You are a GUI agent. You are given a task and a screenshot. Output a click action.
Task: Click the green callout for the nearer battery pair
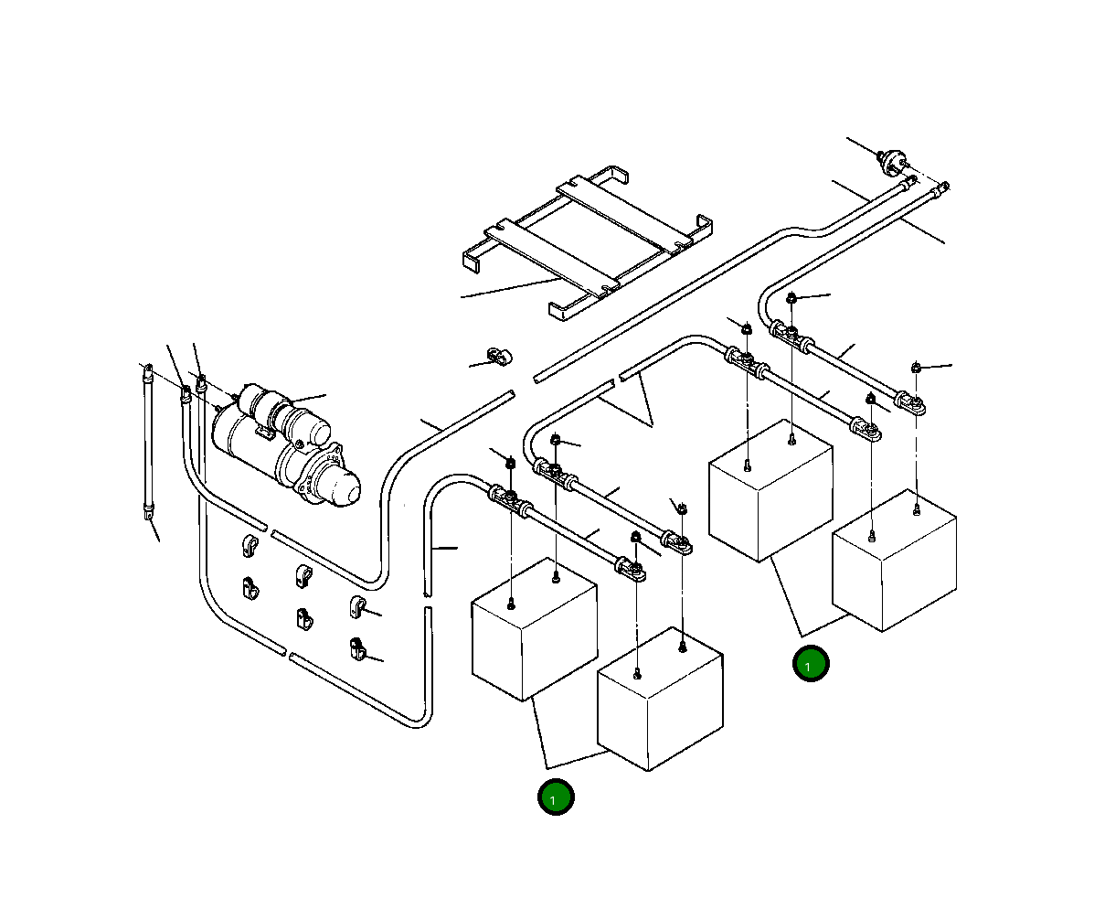(x=555, y=797)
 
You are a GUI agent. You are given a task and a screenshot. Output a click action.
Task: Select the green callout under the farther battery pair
(x=810, y=665)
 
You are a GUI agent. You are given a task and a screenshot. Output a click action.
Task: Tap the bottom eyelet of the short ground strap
(x=149, y=516)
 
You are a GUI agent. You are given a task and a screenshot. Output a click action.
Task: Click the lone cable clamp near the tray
(x=499, y=356)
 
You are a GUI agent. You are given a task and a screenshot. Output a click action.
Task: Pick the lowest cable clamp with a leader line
(x=357, y=650)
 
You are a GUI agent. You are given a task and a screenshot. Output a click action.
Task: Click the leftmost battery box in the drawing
(x=533, y=631)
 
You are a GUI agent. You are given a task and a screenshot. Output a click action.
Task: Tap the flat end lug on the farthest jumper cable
(x=914, y=402)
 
